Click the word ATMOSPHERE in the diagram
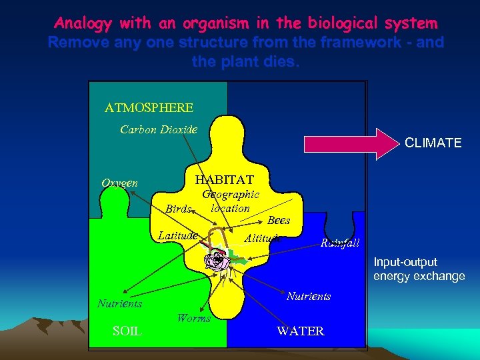(x=149, y=107)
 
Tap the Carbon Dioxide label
(x=159, y=129)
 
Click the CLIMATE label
(x=433, y=143)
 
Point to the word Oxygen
(x=120, y=183)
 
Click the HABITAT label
(x=224, y=180)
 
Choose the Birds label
(x=179, y=209)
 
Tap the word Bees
(x=279, y=220)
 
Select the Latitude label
(x=178, y=235)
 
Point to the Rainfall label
(x=340, y=243)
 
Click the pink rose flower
(x=217, y=261)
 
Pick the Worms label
(x=194, y=318)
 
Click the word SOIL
(x=127, y=330)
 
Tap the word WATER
(x=301, y=331)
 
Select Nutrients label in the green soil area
(x=120, y=303)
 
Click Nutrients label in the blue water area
(x=309, y=296)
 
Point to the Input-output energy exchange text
(x=419, y=269)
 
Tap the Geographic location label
(x=231, y=201)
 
